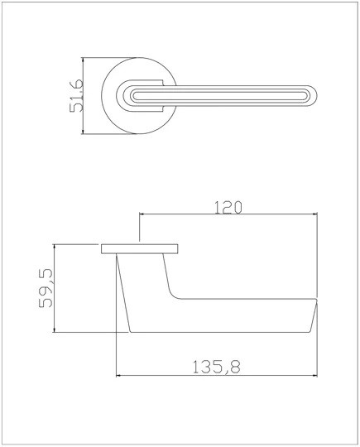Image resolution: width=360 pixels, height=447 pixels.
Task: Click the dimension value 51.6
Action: (75, 97)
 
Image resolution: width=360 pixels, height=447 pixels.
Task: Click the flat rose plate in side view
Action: (140, 248)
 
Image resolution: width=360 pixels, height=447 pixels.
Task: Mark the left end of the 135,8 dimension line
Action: (115, 374)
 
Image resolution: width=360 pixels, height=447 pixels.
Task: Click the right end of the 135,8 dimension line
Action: (318, 374)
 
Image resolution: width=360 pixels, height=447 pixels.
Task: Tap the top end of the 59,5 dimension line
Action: (54, 244)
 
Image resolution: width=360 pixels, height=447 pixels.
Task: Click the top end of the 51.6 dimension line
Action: (84, 59)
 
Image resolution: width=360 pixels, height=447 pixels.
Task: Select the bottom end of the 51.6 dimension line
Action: (84, 136)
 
